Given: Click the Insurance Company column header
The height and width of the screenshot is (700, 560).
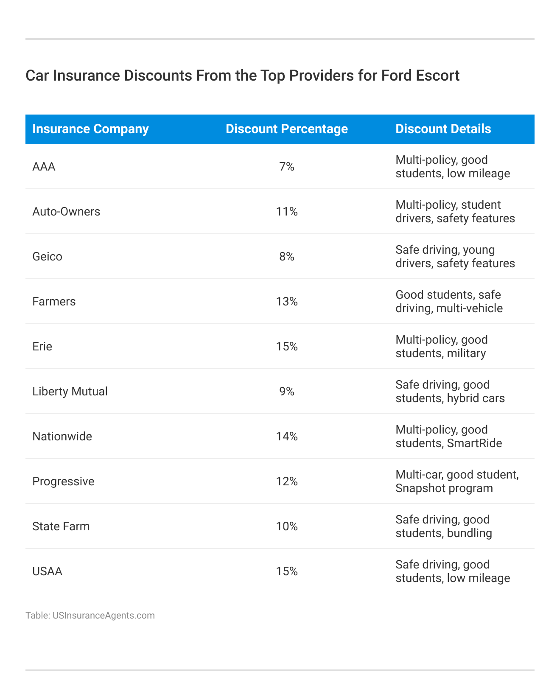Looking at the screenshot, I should pyautogui.click(x=90, y=129).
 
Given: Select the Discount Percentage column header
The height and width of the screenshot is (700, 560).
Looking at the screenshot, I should pyautogui.click(x=287, y=129).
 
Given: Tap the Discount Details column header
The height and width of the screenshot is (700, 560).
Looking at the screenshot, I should pyautogui.click(x=443, y=129).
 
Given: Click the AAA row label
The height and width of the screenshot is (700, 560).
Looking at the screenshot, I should pyautogui.click(x=44, y=167).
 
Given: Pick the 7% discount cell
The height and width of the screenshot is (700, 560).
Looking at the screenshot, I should pyautogui.click(x=287, y=167).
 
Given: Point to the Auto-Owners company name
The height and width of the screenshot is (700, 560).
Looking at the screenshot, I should pyautogui.click(x=66, y=212).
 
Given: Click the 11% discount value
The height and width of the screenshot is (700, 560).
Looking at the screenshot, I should pyautogui.click(x=287, y=212).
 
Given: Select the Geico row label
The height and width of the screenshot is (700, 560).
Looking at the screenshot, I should pyautogui.click(x=47, y=257).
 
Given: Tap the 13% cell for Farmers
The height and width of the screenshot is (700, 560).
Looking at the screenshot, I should pyautogui.click(x=287, y=302).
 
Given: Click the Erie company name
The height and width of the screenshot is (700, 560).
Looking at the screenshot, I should pyautogui.click(x=42, y=347).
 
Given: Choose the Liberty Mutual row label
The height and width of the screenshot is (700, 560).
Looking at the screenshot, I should pyautogui.click(x=70, y=392).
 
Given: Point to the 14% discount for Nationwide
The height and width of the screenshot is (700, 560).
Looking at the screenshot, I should pyautogui.click(x=287, y=437).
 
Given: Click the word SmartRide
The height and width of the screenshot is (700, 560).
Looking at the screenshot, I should pyautogui.click(x=474, y=443).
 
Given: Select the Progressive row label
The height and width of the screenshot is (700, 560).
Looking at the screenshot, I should pyautogui.click(x=63, y=482).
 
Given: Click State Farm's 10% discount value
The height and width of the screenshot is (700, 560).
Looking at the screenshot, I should pyautogui.click(x=287, y=526).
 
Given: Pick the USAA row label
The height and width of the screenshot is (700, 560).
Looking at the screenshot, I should pyautogui.click(x=47, y=571).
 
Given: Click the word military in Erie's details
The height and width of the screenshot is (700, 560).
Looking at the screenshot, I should pyautogui.click(x=466, y=353).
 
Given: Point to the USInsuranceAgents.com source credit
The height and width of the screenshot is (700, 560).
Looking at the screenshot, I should pyautogui.click(x=104, y=616).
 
